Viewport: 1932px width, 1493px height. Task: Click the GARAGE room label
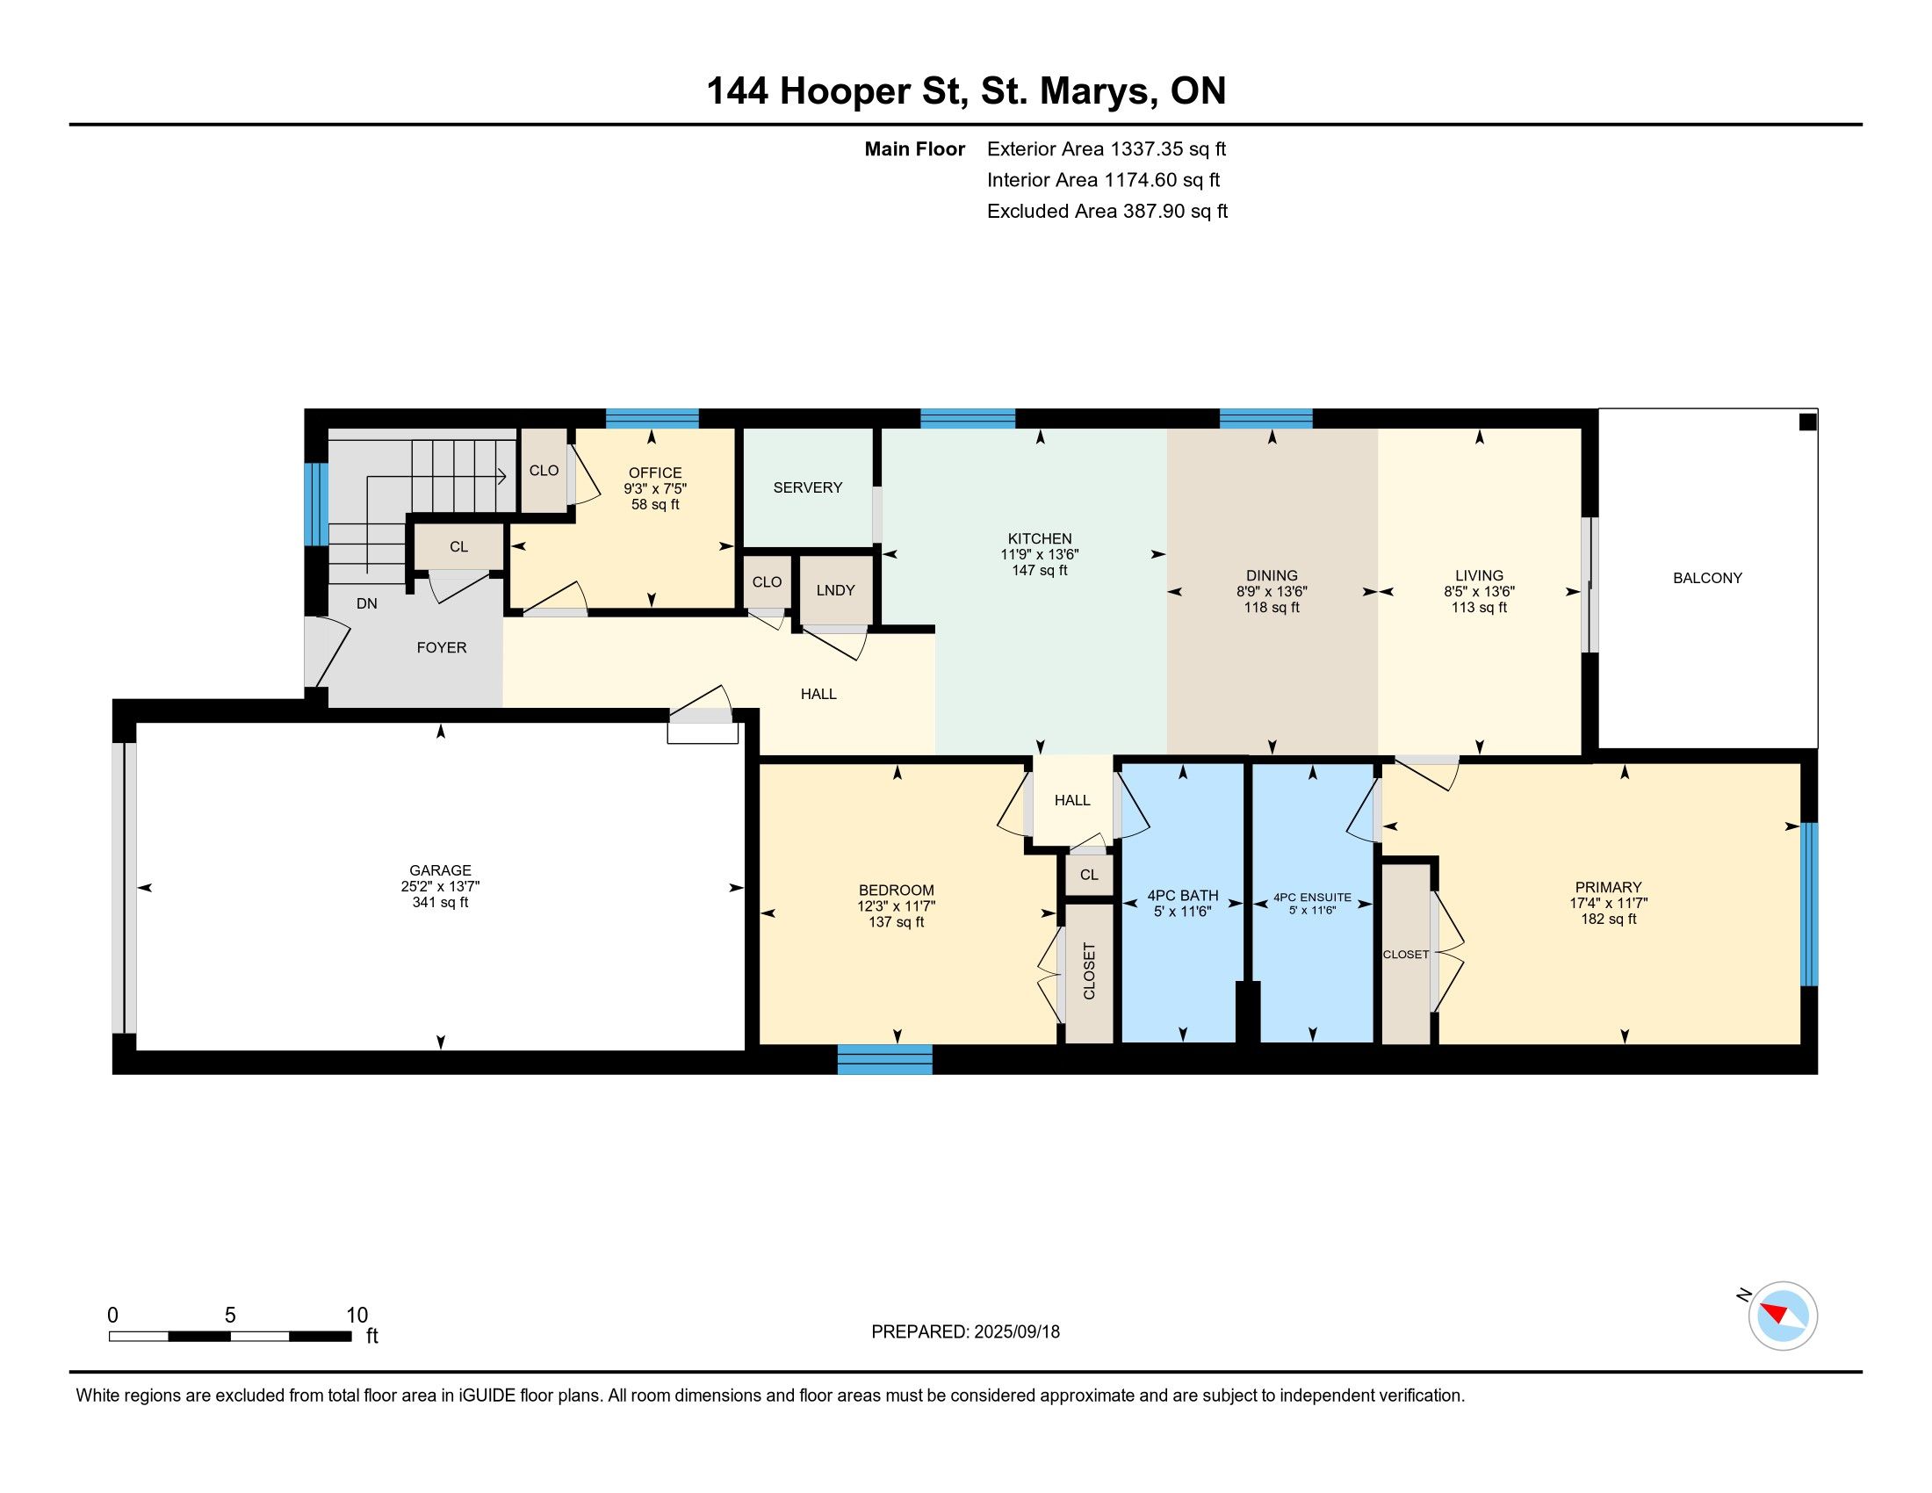click(440, 870)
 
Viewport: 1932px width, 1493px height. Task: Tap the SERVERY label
click(808, 487)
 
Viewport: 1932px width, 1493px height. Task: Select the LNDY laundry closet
click(835, 590)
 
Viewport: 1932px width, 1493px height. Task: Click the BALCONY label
click(1707, 578)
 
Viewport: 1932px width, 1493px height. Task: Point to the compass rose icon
click(1783, 1316)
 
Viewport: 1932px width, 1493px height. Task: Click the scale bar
click(230, 1336)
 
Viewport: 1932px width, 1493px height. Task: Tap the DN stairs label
click(367, 603)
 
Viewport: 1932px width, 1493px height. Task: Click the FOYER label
click(442, 647)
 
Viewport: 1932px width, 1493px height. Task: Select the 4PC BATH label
click(1183, 895)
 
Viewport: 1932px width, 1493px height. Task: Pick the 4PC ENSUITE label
click(1312, 897)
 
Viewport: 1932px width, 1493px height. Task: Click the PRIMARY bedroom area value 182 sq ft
click(1608, 919)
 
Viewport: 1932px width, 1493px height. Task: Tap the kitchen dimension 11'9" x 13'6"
click(1040, 554)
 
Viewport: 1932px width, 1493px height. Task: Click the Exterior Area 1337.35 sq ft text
click(1107, 148)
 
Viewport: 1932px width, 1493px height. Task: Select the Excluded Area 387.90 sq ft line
click(1107, 211)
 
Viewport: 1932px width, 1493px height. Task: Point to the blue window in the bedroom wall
click(884, 1060)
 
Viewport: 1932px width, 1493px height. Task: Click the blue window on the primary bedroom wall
click(1809, 904)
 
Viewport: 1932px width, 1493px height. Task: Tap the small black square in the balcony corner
click(1808, 422)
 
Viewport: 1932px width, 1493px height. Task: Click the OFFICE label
click(654, 472)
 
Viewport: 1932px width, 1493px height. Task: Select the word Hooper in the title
click(844, 92)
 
